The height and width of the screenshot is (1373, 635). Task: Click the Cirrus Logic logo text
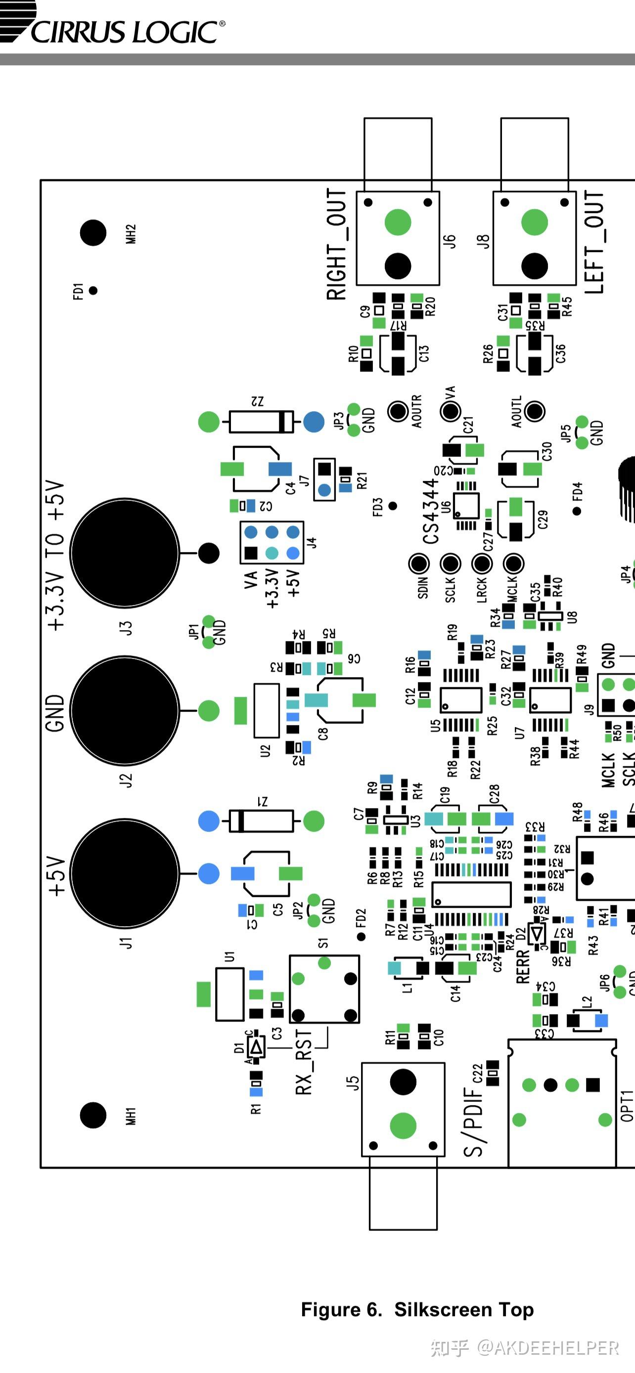(x=125, y=32)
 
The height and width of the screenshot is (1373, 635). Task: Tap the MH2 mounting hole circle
(x=93, y=233)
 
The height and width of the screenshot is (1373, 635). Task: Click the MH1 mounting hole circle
(x=93, y=1115)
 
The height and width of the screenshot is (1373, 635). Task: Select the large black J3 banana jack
(x=125, y=553)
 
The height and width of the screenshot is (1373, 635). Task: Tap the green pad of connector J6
(x=398, y=222)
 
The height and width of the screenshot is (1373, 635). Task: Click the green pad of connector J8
(x=534, y=222)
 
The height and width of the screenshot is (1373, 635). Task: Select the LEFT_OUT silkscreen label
(x=594, y=243)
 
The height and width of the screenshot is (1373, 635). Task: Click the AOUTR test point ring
(x=398, y=411)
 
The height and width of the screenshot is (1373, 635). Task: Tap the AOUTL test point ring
(x=534, y=411)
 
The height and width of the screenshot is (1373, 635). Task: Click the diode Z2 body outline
(x=261, y=422)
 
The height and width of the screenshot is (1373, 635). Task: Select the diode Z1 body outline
(x=261, y=821)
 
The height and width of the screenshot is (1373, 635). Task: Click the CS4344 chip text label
(x=431, y=512)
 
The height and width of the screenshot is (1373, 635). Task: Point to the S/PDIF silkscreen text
(x=473, y=1114)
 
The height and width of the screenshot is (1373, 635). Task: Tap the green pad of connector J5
(x=403, y=1126)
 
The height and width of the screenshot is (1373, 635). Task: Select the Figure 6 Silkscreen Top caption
(x=417, y=1310)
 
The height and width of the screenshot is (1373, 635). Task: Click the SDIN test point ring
(x=419, y=563)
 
